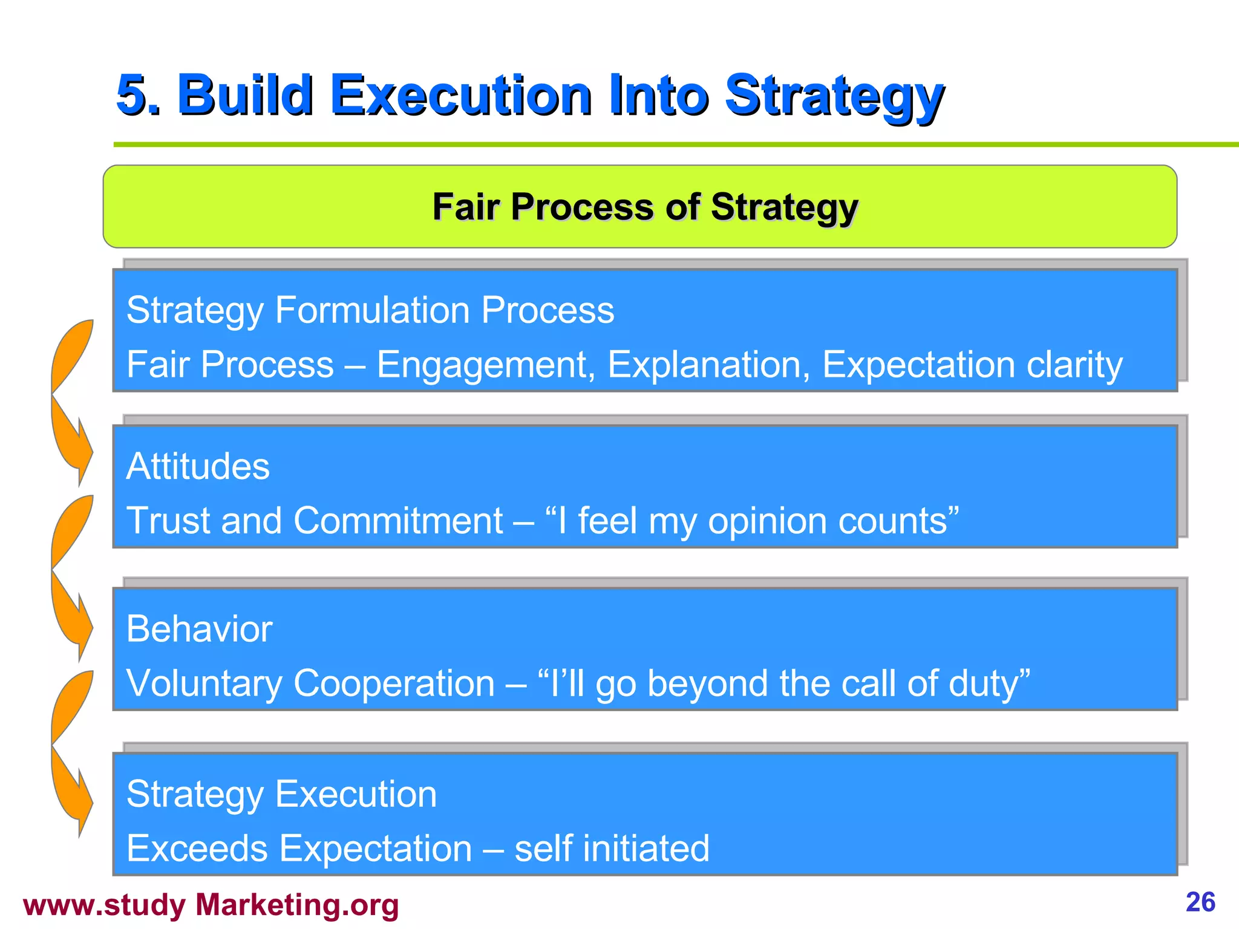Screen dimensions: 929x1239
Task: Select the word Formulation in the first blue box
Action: (x=372, y=310)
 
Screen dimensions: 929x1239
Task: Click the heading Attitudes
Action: (x=198, y=466)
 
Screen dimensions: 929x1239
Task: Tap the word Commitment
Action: (x=397, y=521)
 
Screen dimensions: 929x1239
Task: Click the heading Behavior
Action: (x=199, y=629)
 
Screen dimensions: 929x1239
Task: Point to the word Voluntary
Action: (x=204, y=684)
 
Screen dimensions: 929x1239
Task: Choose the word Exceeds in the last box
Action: (x=197, y=848)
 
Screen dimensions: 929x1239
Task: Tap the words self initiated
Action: (x=612, y=848)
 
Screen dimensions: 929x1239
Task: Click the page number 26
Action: (x=1200, y=902)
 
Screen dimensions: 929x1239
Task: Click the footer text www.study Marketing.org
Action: (x=211, y=905)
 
